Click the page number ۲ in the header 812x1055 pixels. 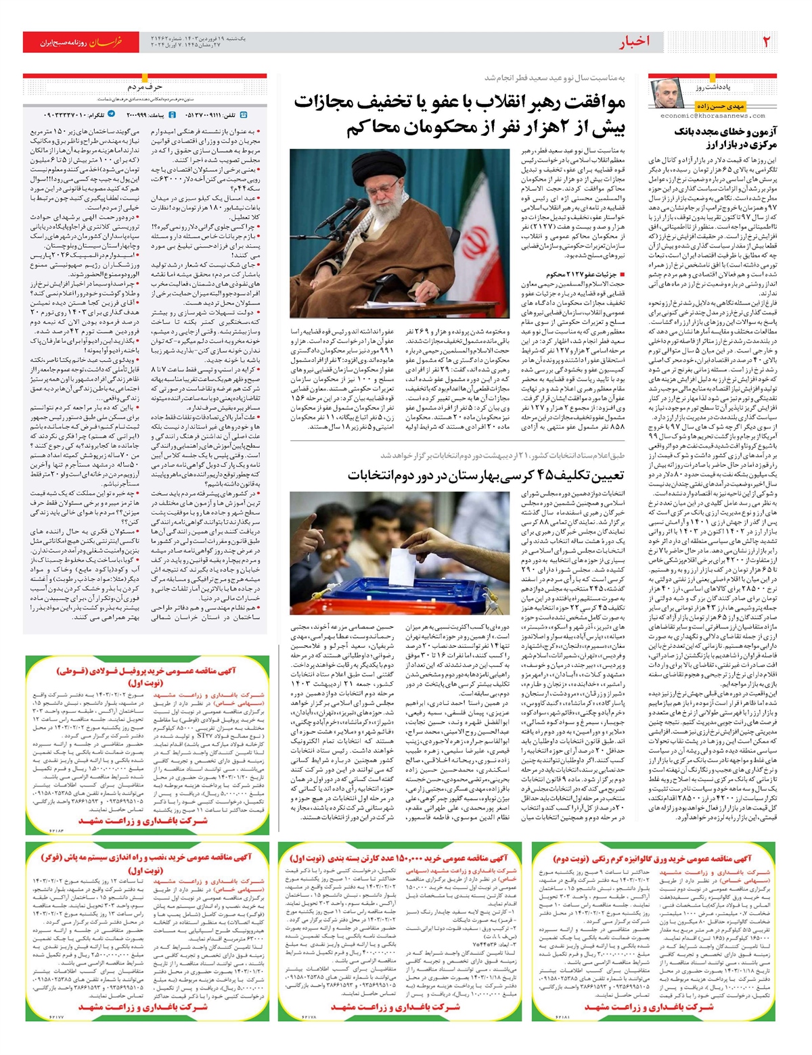click(767, 42)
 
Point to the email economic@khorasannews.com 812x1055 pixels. click(713, 116)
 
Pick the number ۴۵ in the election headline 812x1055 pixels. click(539, 475)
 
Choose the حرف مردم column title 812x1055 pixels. click(145, 87)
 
